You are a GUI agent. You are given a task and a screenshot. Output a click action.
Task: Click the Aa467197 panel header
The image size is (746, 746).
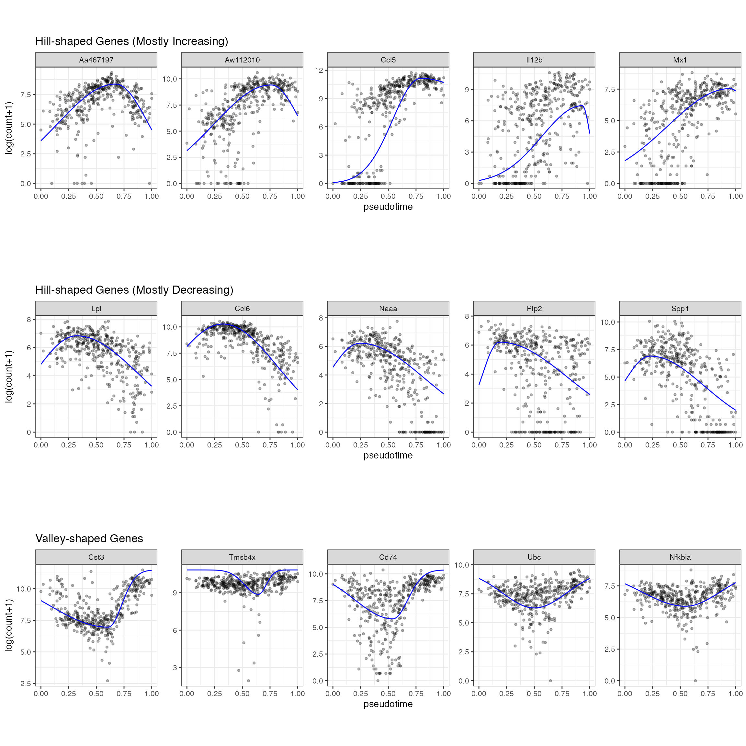click(96, 60)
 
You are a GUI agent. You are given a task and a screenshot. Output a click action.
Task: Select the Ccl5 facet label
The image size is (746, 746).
click(388, 60)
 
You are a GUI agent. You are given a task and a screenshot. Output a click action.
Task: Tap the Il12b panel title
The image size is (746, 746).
click(534, 60)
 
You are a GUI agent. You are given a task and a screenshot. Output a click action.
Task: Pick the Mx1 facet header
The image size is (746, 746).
click(680, 60)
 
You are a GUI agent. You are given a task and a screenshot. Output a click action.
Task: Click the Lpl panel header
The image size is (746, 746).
click(96, 309)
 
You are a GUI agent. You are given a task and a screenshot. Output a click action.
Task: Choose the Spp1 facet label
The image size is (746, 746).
click(680, 309)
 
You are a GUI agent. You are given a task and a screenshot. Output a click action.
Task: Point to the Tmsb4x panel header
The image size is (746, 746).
click(242, 557)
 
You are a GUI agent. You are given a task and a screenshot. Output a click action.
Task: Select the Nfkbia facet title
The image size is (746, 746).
click(680, 557)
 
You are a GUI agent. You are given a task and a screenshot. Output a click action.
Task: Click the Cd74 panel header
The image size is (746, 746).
click(388, 557)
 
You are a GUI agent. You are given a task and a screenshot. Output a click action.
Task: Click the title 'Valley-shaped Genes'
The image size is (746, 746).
click(89, 539)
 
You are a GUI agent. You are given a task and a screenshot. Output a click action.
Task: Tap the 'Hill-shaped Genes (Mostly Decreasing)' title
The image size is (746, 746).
click(134, 290)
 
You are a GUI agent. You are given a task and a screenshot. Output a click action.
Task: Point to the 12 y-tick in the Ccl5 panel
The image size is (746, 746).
click(319, 70)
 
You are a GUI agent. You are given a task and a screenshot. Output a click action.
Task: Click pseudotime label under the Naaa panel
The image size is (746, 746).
click(388, 456)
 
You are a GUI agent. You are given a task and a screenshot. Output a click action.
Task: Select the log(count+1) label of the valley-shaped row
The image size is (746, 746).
click(8, 625)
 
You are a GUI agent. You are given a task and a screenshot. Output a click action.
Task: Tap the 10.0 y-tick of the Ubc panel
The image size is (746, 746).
click(461, 565)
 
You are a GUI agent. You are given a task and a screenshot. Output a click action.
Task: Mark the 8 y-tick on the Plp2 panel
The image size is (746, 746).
click(467, 316)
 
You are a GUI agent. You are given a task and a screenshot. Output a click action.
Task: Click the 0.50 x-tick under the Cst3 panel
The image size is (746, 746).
click(96, 694)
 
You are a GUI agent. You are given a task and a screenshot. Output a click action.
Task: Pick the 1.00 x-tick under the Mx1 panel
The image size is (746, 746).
click(735, 196)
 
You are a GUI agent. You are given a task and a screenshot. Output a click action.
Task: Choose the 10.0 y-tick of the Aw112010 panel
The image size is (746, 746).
click(170, 79)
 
